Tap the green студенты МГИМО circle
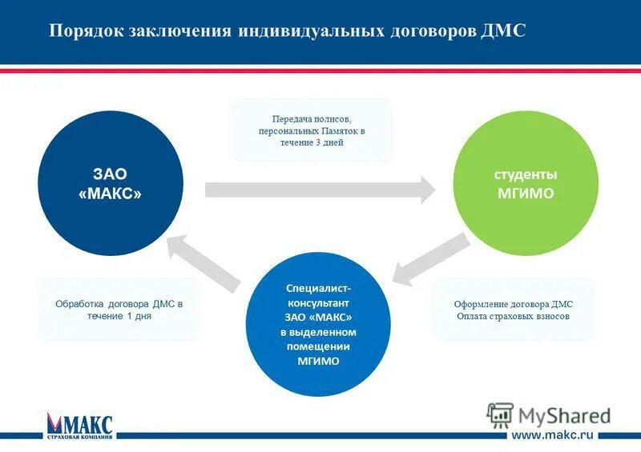pyautogui.click(x=526, y=184)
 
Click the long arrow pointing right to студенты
pyautogui.click(x=320, y=190)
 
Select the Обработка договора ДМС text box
pyautogui.click(x=119, y=310)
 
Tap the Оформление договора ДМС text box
pyautogui.click(x=513, y=310)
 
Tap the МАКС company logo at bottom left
pyautogui.click(x=80, y=425)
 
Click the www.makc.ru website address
pyautogui.click(x=552, y=434)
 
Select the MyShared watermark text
pyautogui.click(x=564, y=415)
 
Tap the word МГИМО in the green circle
pyautogui.click(x=526, y=194)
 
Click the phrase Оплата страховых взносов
pyautogui.click(x=513, y=316)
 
